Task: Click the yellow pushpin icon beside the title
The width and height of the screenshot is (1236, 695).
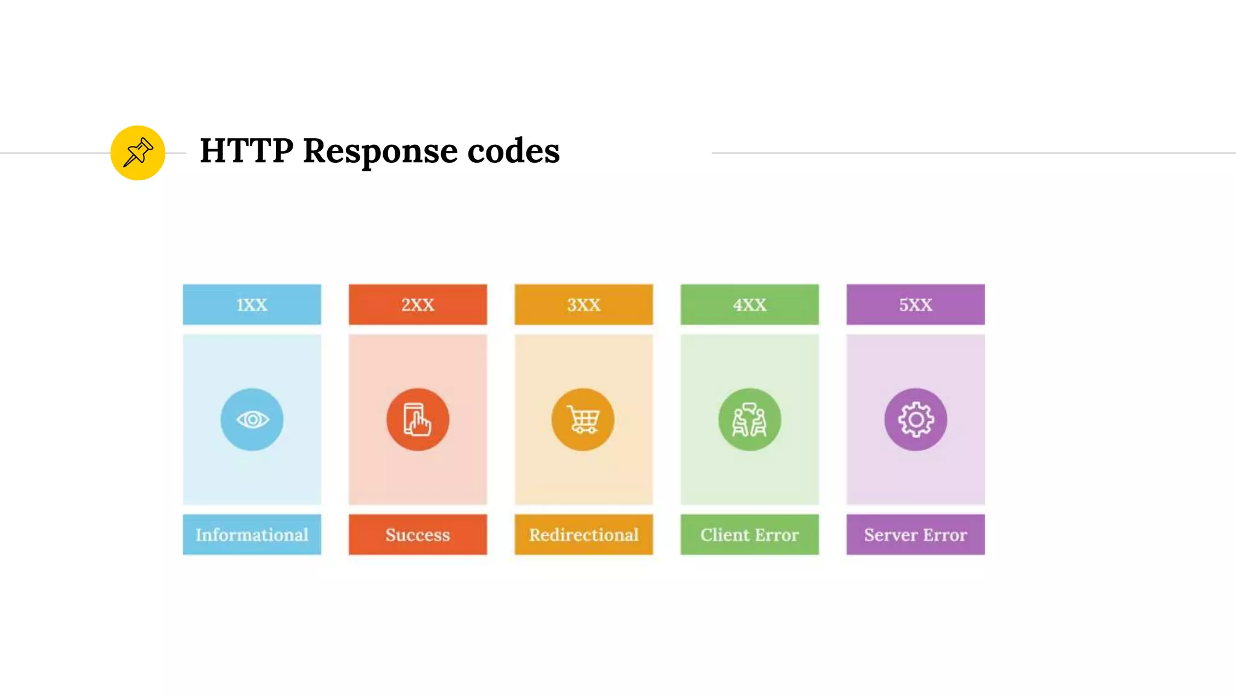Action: pyautogui.click(x=138, y=153)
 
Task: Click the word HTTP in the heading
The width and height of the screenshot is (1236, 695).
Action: pyautogui.click(x=247, y=150)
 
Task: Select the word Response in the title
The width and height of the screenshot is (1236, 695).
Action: pyautogui.click(x=380, y=151)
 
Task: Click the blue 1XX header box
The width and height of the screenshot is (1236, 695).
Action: pyautogui.click(x=252, y=305)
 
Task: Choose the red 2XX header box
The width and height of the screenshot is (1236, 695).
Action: pyautogui.click(x=418, y=305)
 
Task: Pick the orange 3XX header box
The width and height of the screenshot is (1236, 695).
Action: pyautogui.click(x=584, y=305)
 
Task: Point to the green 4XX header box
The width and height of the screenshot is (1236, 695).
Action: pyautogui.click(x=750, y=305)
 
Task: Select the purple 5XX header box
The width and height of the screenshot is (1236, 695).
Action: pyautogui.click(x=916, y=305)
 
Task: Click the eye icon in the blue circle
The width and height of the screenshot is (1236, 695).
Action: pyautogui.click(x=252, y=419)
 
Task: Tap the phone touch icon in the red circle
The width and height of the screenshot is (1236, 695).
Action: pyautogui.click(x=418, y=419)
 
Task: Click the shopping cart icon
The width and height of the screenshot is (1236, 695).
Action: pyautogui.click(x=583, y=419)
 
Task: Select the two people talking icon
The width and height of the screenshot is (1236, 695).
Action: pyautogui.click(x=750, y=419)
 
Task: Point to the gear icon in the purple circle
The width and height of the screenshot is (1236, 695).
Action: pyautogui.click(x=916, y=419)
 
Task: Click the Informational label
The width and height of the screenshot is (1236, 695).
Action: pyautogui.click(x=252, y=535)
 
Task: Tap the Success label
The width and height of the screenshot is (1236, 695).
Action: pyautogui.click(x=418, y=535)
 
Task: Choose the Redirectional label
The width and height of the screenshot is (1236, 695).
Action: pyautogui.click(x=584, y=535)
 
